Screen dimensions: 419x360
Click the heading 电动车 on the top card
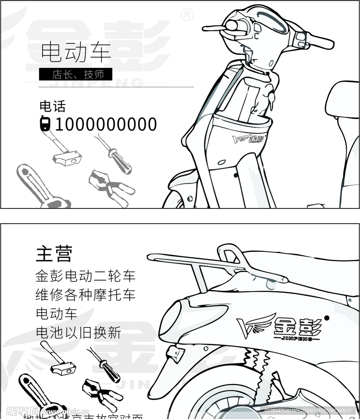tap(76, 52)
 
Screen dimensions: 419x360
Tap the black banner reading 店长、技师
tap(76, 75)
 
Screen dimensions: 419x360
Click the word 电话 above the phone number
tap(53, 106)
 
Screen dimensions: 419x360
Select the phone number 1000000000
tap(106, 124)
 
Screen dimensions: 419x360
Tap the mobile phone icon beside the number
tap(45, 124)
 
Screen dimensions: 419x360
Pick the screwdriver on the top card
tap(116, 156)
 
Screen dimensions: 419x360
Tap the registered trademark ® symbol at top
tap(187, 16)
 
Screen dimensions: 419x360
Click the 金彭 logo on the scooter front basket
tap(249, 139)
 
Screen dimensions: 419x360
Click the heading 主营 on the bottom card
tap(54, 254)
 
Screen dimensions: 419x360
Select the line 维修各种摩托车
tap(86, 295)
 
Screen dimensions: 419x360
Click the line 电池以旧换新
tap(78, 332)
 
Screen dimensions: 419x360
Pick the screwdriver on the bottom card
tap(105, 363)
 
